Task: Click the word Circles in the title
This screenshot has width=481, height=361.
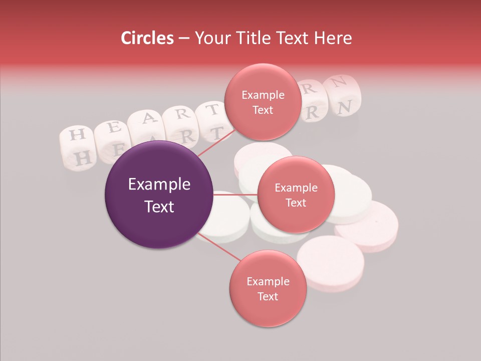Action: pyautogui.click(x=147, y=38)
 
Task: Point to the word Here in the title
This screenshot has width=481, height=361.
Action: pyautogui.click(x=333, y=38)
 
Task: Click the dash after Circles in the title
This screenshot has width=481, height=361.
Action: pyautogui.click(x=184, y=39)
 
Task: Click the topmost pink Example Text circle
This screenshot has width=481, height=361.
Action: pyautogui.click(x=263, y=102)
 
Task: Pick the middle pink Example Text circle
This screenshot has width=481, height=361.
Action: pyautogui.click(x=296, y=195)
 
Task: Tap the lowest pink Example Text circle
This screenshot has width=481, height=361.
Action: pyautogui.click(x=268, y=288)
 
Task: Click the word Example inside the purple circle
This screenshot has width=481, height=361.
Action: pyautogui.click(x=159, y=185)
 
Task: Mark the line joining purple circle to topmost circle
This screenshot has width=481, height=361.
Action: pyautogui.click(x=215, y=142)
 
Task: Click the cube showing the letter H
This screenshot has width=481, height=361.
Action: pyautogui.click(x=77, y=135)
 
